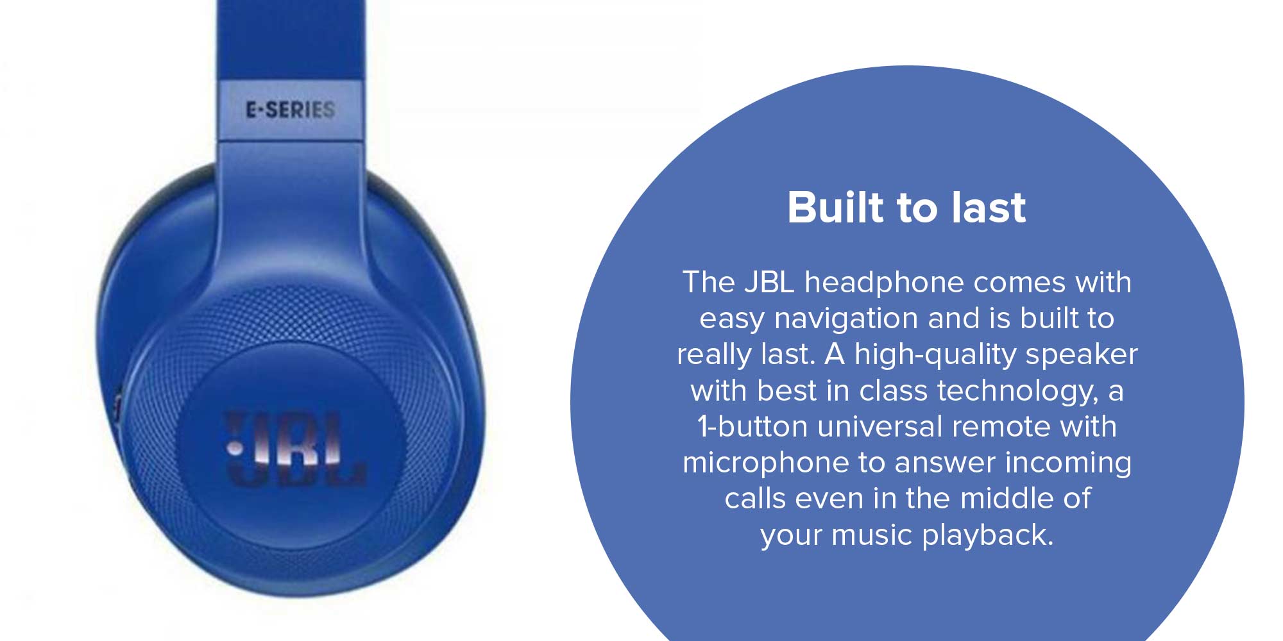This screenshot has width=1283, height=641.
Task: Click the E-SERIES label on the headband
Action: (291, 110)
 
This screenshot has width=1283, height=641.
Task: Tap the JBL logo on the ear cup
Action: (295, 448)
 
